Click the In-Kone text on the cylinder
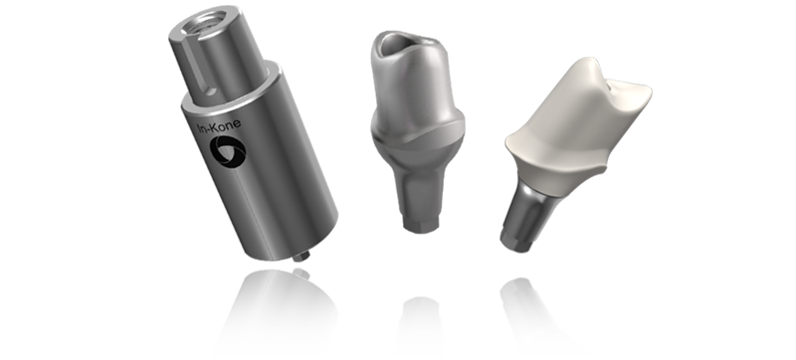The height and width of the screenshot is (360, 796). pos(219,126)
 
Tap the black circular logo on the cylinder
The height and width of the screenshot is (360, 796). pos(228,151)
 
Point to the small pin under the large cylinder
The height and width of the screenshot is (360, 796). pos(301,256)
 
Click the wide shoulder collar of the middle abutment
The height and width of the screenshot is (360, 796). pos(418,133)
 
